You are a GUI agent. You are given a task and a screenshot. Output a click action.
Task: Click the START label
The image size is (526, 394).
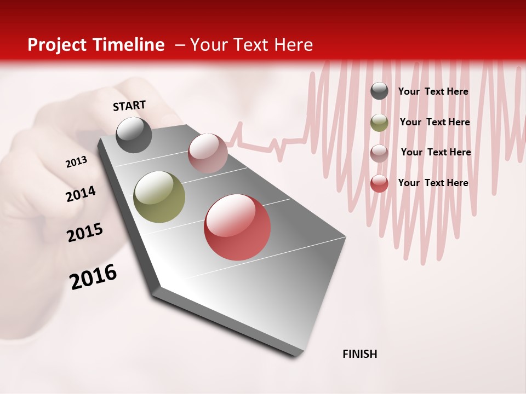coord(129,106)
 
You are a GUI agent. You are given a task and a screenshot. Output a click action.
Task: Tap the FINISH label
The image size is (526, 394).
coord(359,354)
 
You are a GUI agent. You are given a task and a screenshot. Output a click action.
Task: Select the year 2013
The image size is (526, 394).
coord(76,162)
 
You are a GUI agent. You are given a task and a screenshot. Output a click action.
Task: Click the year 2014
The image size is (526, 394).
coord(81,194)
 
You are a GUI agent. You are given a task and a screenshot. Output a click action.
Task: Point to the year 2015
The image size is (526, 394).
coord(84,233)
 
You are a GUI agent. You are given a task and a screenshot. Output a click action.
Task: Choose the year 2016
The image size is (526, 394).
coord(93,277)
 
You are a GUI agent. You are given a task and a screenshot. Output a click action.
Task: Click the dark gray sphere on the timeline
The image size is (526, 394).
coord(134,135)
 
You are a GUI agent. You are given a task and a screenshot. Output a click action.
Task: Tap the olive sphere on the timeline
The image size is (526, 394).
coord(159,197)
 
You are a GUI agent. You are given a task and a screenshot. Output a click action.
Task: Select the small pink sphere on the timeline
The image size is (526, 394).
coord(208,153)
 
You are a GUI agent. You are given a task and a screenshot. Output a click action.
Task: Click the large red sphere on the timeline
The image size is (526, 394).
coord(237,227)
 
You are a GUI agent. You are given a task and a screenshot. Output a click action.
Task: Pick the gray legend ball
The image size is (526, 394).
coord(379,91)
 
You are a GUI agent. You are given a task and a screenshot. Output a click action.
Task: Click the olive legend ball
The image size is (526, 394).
coord(379,123)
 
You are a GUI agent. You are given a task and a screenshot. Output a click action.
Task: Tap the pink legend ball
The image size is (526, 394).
coord(379,153)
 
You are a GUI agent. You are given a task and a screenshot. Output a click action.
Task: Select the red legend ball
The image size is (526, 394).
coord(379,183)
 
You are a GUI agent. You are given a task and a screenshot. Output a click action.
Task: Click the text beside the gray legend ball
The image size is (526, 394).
coord(433,91)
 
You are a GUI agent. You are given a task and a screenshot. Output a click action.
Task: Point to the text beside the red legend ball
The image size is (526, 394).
coord(433,183)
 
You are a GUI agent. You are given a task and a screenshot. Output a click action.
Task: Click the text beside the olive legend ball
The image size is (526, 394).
coord(434,122)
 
